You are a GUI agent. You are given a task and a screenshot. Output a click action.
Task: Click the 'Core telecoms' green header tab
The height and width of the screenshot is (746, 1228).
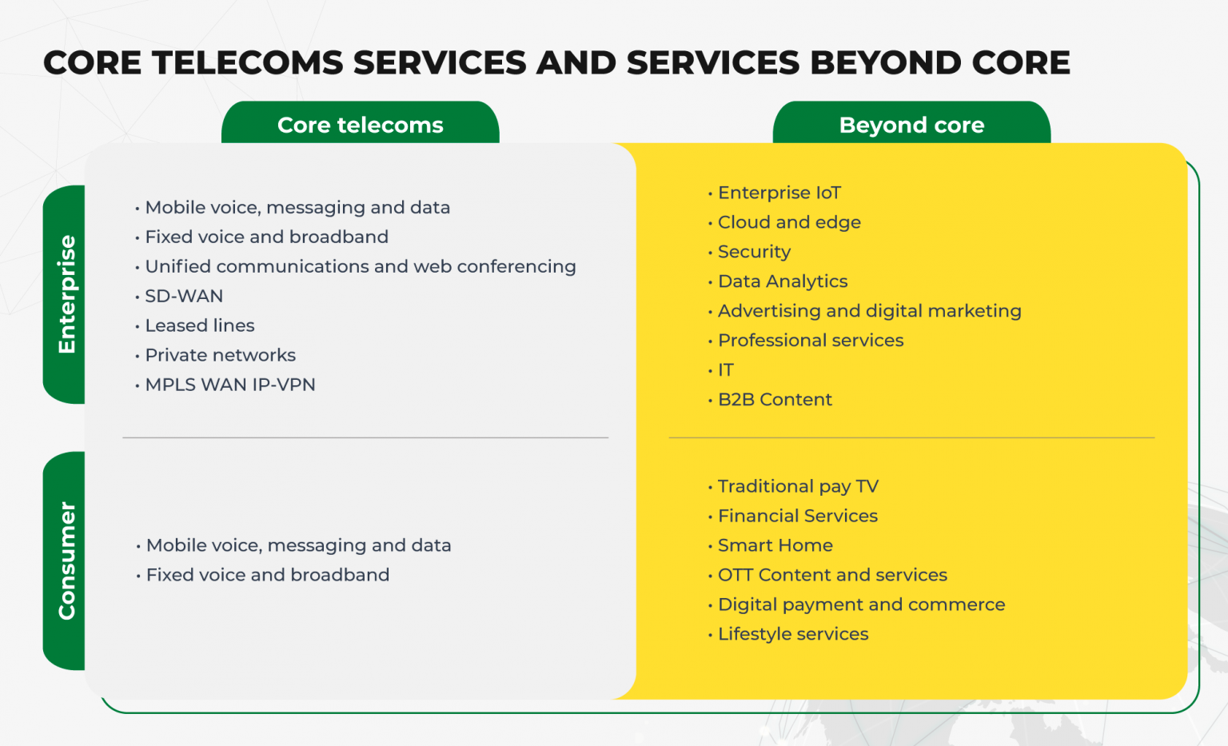pos(360,125)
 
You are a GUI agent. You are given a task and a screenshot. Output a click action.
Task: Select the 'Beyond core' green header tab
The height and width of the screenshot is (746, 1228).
pos(911,125)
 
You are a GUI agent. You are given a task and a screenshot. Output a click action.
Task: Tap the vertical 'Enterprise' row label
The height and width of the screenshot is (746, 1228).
pos(66,294)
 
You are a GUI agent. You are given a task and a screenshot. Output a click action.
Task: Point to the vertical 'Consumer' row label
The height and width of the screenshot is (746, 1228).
pos(66,560)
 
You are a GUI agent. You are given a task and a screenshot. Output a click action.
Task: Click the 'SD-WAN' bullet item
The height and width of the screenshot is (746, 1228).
pos(184,296)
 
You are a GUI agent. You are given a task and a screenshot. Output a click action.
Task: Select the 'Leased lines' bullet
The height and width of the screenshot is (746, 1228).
pos(200,325)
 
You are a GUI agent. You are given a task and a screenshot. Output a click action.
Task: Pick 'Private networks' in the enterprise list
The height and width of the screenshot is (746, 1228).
pos(220,355)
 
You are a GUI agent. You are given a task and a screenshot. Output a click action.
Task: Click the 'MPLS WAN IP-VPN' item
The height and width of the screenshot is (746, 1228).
pos(230,385)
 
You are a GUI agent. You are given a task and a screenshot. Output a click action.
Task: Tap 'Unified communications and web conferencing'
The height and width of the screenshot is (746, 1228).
pos(360,266)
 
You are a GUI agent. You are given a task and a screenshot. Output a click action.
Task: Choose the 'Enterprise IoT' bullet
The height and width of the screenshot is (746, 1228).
pos(779,193)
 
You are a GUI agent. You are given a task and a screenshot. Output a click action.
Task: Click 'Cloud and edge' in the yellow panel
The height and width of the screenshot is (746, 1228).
pos(789,222)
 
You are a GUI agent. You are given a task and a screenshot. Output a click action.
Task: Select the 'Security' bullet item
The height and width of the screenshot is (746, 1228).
pos(754,252)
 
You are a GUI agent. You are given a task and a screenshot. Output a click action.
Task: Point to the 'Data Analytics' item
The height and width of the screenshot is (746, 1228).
pos(783,281)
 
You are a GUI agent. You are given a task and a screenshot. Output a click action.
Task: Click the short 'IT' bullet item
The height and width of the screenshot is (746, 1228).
pos(725,370)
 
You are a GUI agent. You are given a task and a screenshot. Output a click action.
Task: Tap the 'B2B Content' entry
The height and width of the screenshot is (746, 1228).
pos(775,400)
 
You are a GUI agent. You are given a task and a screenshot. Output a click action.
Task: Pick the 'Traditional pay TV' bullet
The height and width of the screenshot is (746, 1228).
pos(798,486)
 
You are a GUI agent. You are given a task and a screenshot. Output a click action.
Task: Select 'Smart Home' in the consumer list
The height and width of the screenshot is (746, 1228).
pos(775,545)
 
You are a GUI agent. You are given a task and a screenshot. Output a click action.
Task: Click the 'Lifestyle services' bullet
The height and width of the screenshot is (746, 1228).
pos(793,634)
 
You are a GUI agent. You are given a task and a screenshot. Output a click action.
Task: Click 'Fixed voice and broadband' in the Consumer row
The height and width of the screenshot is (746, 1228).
pos(268,575)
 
